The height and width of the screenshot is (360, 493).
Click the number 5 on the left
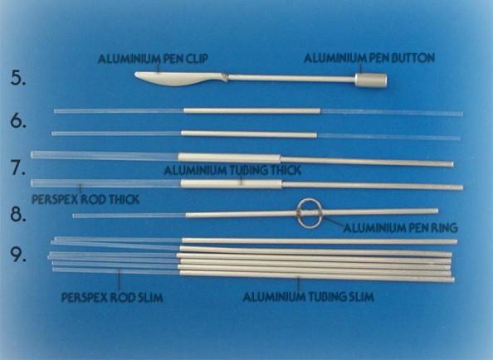point(18,77)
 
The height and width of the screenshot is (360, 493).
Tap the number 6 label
point(18,120)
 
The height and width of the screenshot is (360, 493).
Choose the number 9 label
point(18,254)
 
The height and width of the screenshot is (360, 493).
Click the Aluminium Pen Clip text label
point(153,59)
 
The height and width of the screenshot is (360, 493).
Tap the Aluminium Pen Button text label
point(369,58)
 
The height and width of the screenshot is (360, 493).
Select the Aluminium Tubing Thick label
point(232,170)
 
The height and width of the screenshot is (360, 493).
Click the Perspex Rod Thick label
point(85,199)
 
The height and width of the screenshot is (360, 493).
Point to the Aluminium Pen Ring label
point(401,227)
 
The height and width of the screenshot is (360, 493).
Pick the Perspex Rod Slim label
point(112,297)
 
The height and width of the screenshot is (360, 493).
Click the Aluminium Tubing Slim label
point(309,297)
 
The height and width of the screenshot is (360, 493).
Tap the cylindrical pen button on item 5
point(371,80)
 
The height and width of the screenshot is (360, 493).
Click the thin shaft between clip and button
point(291,78)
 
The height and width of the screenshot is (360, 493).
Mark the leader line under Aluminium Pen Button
point(362,68)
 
